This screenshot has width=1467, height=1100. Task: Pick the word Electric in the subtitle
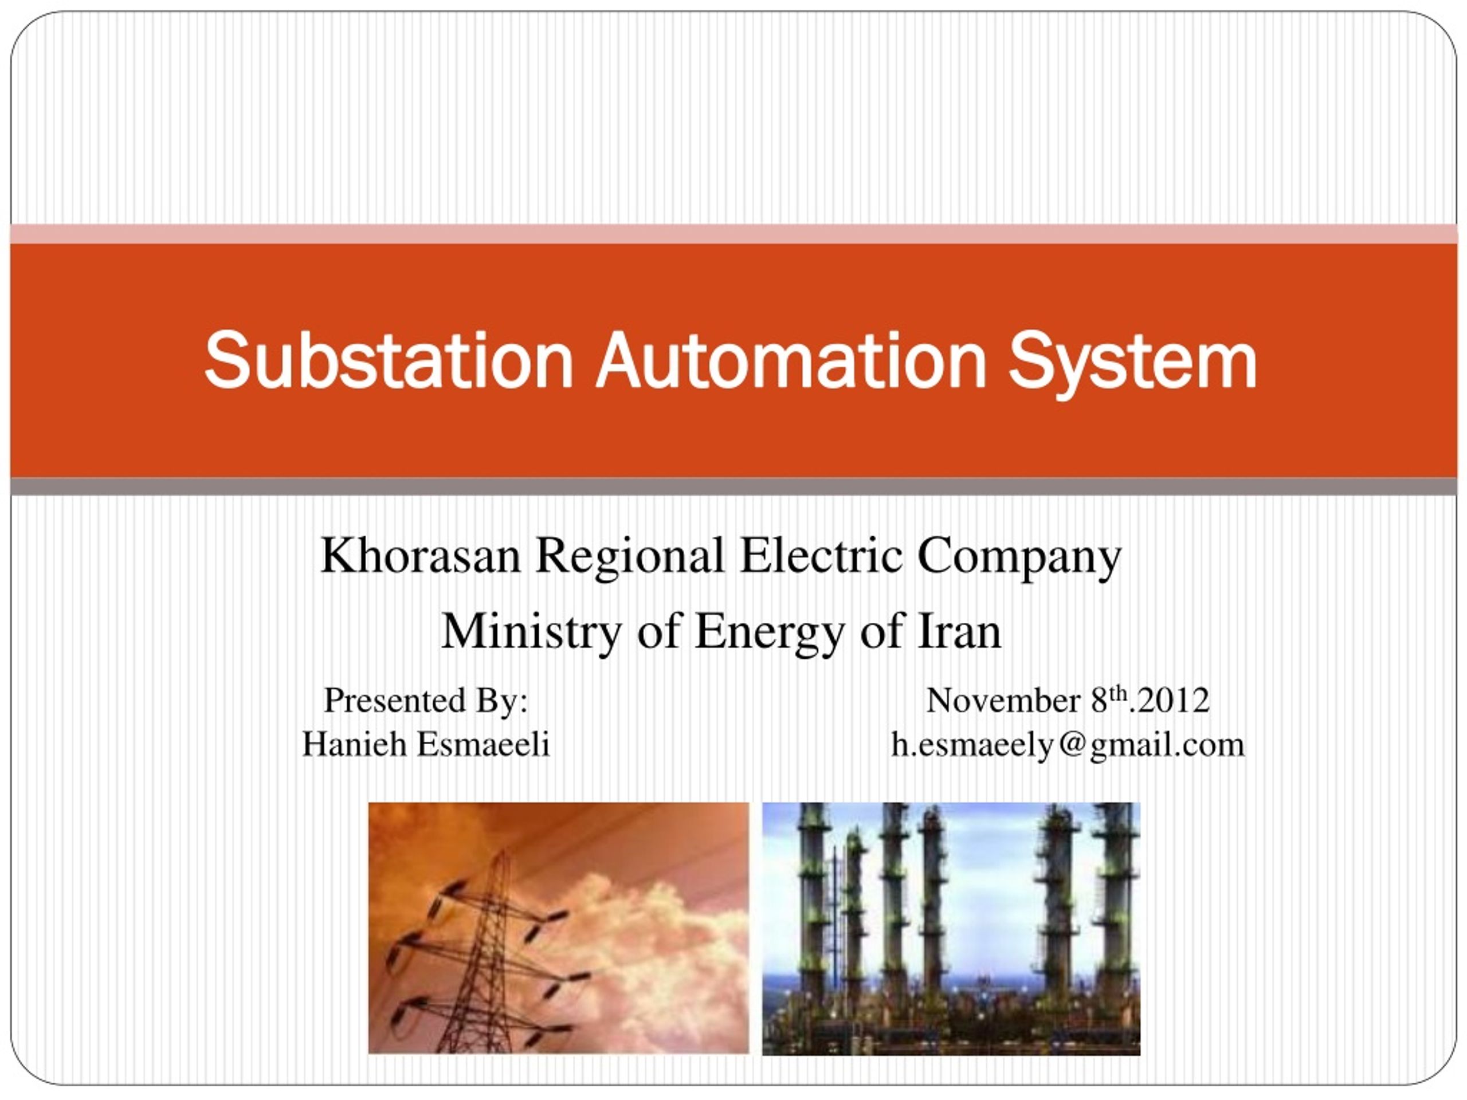(821, 555)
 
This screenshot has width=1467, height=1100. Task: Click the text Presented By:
(426, 700)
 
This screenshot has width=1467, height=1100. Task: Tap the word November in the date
(1003, 700)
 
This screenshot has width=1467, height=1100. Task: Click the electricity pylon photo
(558, 928)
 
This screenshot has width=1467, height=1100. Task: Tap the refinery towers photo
(951, 928)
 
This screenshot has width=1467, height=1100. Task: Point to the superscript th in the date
(1120, 694)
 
